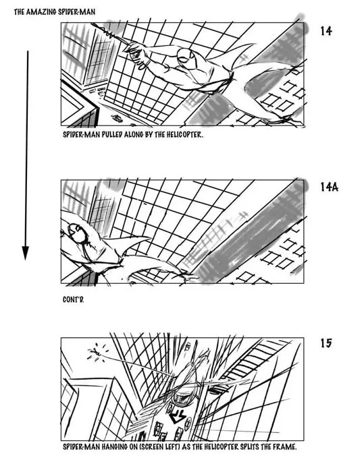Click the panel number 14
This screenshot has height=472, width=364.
click(326, 31)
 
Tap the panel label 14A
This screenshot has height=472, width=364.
click(329, 187)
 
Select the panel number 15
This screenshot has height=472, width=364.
click(326, 343)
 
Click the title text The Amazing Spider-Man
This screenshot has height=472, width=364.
click(55, 12)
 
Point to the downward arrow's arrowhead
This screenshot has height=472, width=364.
click(26, 253)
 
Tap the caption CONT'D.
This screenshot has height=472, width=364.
click(74, 299)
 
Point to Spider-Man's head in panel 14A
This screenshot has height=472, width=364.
click(78, 233)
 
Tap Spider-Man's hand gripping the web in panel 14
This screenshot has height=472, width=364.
click(135, 51)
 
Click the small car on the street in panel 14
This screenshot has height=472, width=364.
click(117, 118)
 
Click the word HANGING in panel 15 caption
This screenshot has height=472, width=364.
click(114, 446)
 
